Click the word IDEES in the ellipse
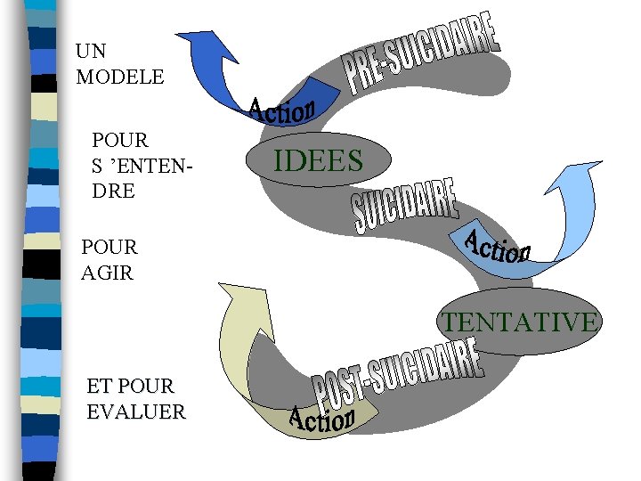[318, 161]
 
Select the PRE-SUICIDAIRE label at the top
[421, 53]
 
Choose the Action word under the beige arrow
[322, 418]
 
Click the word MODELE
[120, 77]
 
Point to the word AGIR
[107, 273]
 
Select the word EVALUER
[136, 412]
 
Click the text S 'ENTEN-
[142, 166]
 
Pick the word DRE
[113, 191]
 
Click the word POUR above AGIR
[110, 246]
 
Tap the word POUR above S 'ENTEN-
[120, 140]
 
